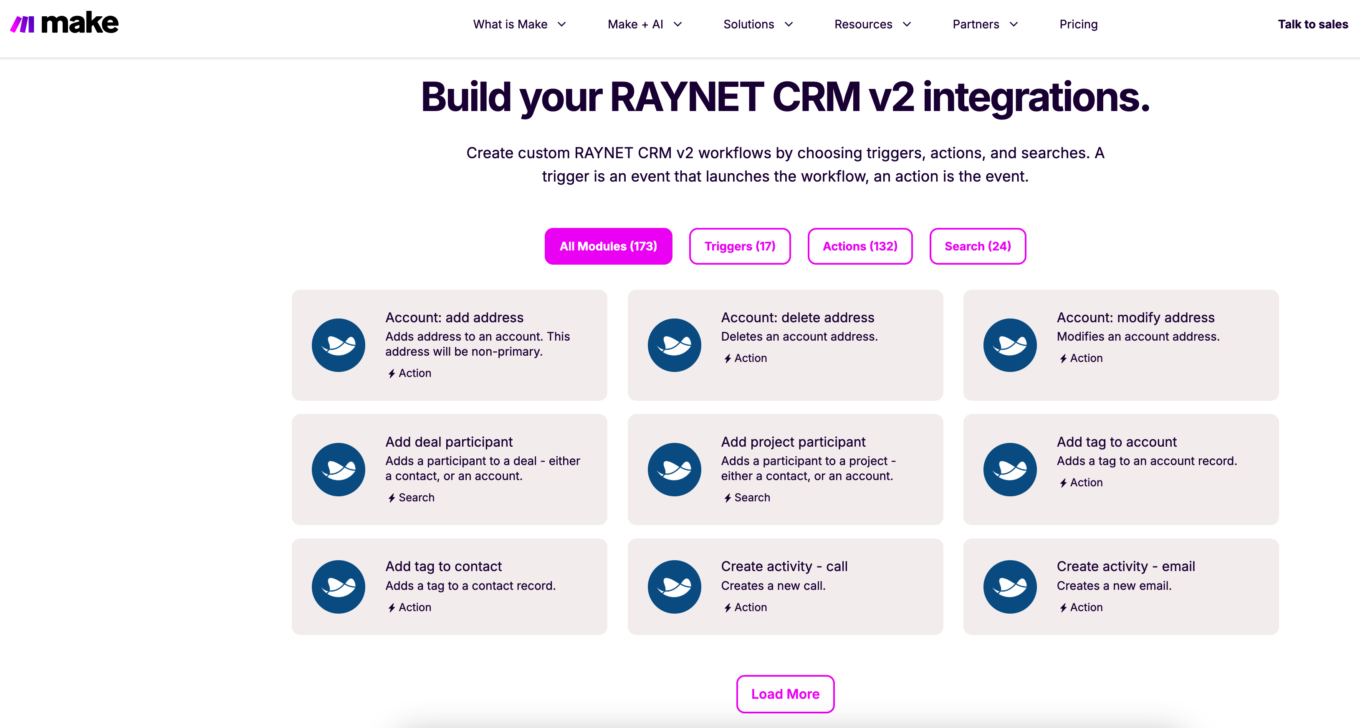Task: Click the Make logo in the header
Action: (64, 23)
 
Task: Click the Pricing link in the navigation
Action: (1078, 24)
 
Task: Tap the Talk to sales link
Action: (1312, 24)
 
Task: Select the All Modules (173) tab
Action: (608, 246)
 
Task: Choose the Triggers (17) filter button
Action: (740, 246)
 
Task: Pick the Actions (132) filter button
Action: (860, 246)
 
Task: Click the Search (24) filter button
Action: (978, 246)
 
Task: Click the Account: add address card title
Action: (454, 317)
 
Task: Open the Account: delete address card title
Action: (797, 317)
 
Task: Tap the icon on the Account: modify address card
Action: (1009, 345)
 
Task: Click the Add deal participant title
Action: (449, 442)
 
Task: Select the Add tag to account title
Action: (1117, 442)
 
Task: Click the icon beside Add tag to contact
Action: (339, 586)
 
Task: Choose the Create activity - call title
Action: (784, 566)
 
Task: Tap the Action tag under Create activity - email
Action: (1081, 607)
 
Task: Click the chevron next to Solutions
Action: (789, 24)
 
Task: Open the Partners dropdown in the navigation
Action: (985, 24)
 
